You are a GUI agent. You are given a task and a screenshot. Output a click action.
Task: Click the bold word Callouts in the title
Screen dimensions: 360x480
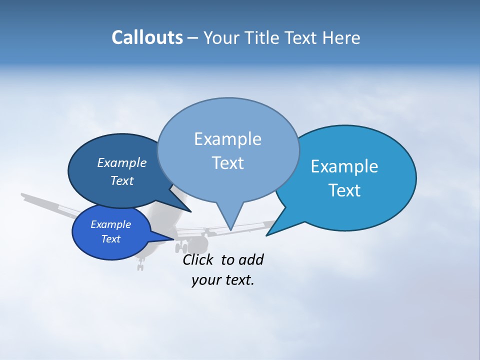pyautogui.click(x=147, y=37)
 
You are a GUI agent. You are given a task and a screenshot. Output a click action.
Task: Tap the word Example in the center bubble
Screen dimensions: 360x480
pyautogui.click(x=227, y=139)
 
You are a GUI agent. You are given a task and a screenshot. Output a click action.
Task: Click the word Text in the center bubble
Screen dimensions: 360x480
pyautogui.click(x=227, y=163)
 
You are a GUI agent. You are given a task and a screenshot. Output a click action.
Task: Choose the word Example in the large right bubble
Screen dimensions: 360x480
pyautogui.click(x=344, y=166)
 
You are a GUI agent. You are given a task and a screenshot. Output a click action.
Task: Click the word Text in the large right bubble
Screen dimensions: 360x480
pyautogui.click(x=344, y=190)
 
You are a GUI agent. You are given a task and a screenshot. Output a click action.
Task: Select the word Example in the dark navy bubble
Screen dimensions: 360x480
pyautogui.click(x=121, y=162)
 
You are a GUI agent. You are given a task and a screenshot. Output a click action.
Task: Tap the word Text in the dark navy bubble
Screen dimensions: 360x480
pyautogui.click(x=121, y=180)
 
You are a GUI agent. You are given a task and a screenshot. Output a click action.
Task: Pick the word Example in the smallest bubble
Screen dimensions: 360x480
pyautogui.click(x=110, y=224)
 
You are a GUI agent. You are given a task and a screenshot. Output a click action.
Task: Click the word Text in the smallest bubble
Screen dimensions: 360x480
pyautogui.click(x=110, y=239)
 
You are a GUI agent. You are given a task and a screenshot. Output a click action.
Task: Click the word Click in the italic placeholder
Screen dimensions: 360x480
pyautogui.click(x=198, y=259)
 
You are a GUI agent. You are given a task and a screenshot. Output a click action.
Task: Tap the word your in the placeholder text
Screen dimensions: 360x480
pyautogui.click(x=206, y=280)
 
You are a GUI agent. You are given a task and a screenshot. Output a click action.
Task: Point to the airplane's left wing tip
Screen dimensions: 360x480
pyautogui.click(x=23, y=195)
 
